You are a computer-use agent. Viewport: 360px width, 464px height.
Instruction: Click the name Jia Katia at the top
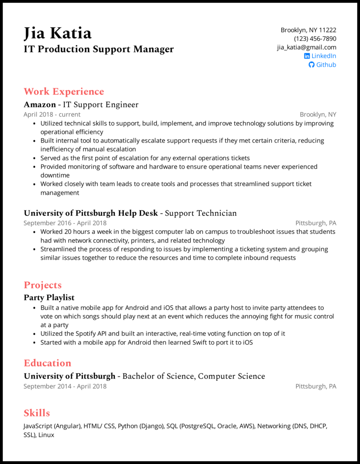point(58,33)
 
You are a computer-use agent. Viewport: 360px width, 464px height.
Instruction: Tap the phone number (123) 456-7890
point(315,39)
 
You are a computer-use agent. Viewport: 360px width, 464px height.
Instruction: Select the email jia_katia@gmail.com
point(306,47)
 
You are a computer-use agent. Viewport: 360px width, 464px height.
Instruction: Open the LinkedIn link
point(324,56)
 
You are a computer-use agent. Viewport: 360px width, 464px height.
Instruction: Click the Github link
point(326,65)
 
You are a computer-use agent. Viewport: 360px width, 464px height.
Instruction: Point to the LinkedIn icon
point(307,56)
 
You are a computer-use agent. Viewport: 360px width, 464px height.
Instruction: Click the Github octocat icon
point(311,65)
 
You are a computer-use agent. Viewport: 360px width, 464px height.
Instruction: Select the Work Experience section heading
point(64,92)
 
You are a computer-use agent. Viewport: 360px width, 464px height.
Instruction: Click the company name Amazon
point(40,105)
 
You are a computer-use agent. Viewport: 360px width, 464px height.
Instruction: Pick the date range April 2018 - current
point(52,115)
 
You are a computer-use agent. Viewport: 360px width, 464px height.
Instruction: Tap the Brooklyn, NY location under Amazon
point(318,115)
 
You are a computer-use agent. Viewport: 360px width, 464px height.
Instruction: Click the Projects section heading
point(43,285)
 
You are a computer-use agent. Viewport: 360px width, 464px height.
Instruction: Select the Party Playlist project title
point(49,298)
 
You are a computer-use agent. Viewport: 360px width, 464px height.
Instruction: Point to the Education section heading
point(47,363)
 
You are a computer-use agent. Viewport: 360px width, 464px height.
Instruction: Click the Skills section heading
point(37,413)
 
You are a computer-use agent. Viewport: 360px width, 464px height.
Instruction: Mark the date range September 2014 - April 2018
point(65,386)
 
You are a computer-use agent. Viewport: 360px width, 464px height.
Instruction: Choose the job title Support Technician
point(201,213)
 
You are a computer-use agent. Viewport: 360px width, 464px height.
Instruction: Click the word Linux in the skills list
point(46,435)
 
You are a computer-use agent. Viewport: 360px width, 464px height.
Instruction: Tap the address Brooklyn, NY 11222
point(308,30)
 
